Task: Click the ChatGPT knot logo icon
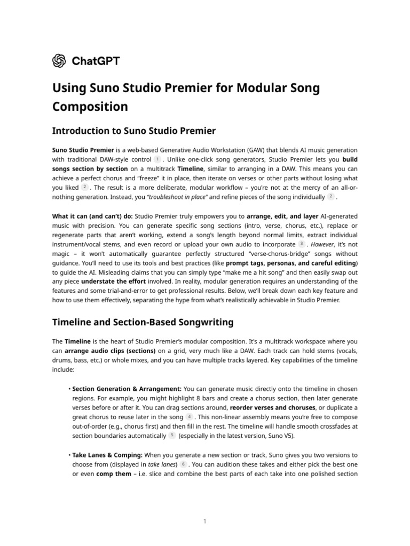click(x=59, y=61)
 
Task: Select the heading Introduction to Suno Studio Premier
click(x=134, y=131)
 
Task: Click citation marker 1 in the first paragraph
click(x=157, y=159)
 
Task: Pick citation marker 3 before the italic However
click(x=302, y=244)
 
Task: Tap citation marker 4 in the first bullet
click(x=190, y=416)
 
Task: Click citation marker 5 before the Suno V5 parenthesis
click(x=172, y=436)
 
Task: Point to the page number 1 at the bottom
click(x=204, y=521)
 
